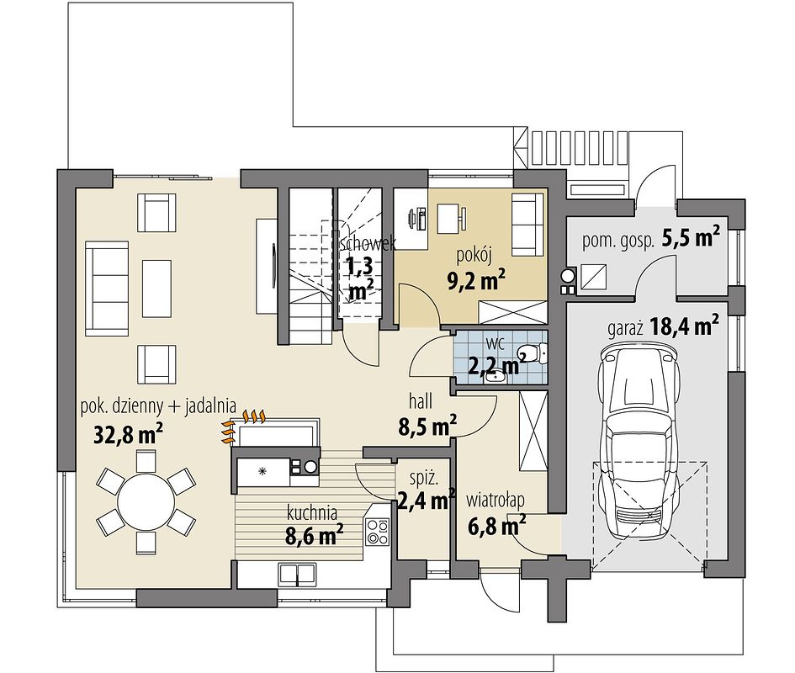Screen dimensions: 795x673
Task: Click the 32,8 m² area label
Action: [x=129, y=434]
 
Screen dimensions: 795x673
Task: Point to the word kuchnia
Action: [x=312, y=512]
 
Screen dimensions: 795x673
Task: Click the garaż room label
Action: [x=625, y=329]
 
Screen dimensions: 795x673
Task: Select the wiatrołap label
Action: [x=496, y=500]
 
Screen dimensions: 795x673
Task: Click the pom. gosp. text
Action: [x=617, y=241]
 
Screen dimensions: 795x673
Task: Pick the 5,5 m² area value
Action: [x=691, y=237]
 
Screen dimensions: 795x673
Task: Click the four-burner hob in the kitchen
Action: [x=377, y=532]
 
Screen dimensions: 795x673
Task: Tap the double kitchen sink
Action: [x=298, y=575]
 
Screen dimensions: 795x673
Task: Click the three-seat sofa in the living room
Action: [x=107, y=288]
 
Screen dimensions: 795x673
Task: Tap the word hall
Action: [x=421, y=401]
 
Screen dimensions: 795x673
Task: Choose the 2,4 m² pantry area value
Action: [x=426, y=500]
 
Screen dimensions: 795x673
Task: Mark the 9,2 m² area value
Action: [x=475, y=279]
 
